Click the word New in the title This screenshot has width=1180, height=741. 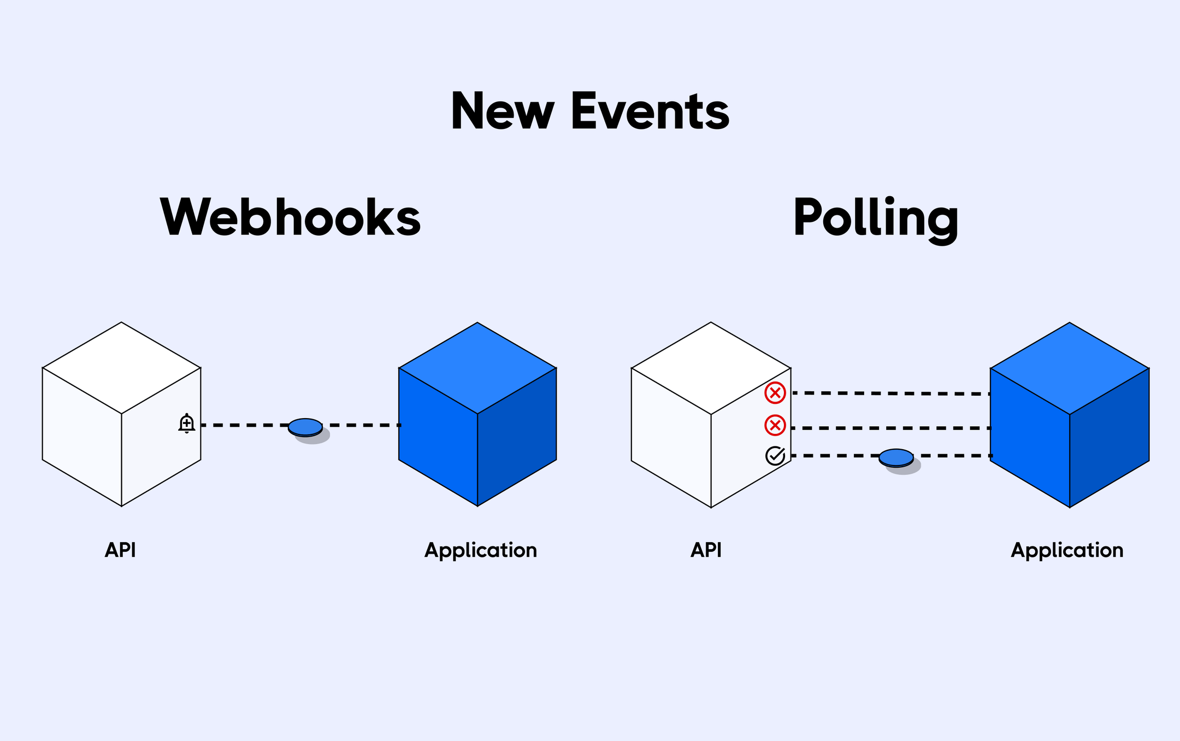[x=502, y=111]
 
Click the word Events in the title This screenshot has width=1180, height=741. [x=650, y=111]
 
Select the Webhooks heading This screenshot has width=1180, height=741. [x=290, y=217]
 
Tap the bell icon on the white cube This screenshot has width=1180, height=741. [x=187, y=424]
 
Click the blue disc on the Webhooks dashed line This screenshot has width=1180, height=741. [x=305, y=427]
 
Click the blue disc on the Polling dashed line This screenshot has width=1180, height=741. [x=896, y=457]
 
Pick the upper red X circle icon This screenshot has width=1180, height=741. [x=775, y=393]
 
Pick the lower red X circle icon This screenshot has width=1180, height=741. [x=775, y=425]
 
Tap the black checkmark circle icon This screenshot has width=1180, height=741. [x=775, y=456]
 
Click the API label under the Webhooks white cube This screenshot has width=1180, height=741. [x=120, y=550]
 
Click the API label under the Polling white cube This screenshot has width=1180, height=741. [x=706, y=550]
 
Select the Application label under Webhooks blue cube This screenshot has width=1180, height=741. [x=481, y=550]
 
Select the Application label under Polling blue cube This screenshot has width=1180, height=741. [x=1067, y=550]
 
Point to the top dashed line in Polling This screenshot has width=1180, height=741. [x=890, y=393]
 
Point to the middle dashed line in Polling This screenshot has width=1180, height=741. [x=890, y=428]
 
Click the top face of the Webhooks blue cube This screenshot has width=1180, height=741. [x=477, y=368]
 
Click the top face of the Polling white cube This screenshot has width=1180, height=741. [x=711, y=368]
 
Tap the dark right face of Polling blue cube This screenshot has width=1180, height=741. [x=1109, y=437]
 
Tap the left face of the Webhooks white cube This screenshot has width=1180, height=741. [x=82, y=437]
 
